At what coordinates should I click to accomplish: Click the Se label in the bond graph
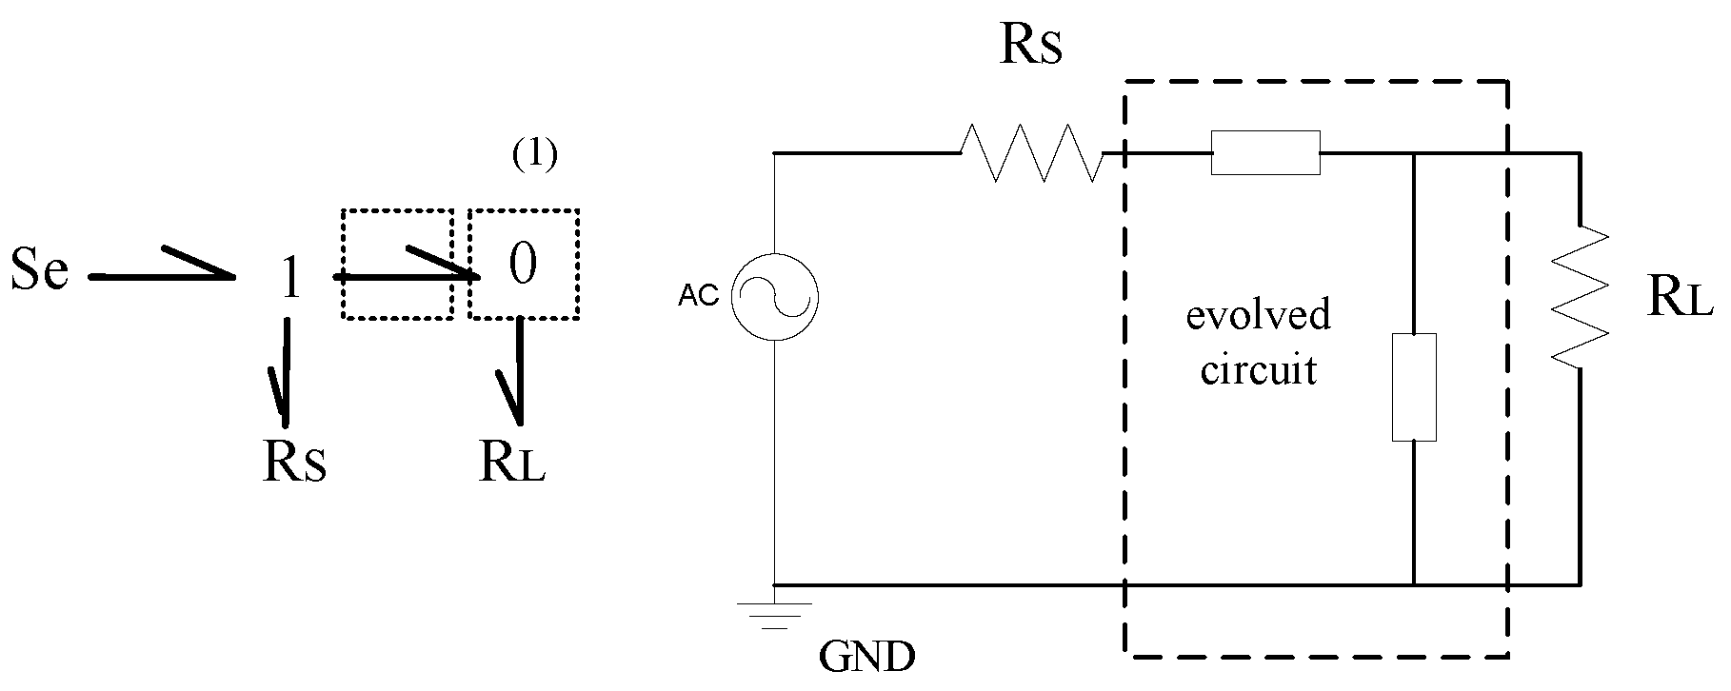point(39,270)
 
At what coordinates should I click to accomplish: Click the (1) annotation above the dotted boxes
point(534,156)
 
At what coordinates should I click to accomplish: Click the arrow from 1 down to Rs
point(284,371)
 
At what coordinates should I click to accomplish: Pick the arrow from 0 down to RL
point(518,371)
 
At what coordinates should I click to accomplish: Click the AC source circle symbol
point(774,298)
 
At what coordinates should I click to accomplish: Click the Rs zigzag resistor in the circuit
point(1033,152)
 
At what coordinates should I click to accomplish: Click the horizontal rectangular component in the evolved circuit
point(1265,153)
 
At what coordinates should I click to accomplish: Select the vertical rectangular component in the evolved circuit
point(1414,387)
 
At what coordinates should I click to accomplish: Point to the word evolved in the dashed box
point(1258,315)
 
